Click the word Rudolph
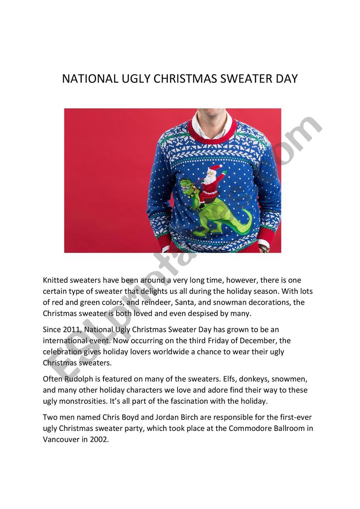pyautogui.click(x=79, y=379)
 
